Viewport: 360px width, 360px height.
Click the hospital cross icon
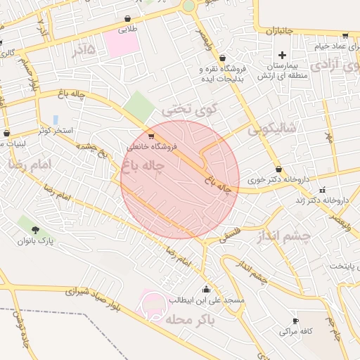[283, 55]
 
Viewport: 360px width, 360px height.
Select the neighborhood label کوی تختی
[186, 110]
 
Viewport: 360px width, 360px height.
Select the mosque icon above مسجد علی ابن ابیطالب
[206, 289]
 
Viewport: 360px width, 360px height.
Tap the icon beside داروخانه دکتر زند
[323, 189]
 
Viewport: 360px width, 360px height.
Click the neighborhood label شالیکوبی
[270, 129]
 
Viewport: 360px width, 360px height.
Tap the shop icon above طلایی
[127, 19]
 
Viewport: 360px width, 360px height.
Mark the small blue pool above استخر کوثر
[56, 119]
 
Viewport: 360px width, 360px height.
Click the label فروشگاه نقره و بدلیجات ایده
[224, 73]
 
